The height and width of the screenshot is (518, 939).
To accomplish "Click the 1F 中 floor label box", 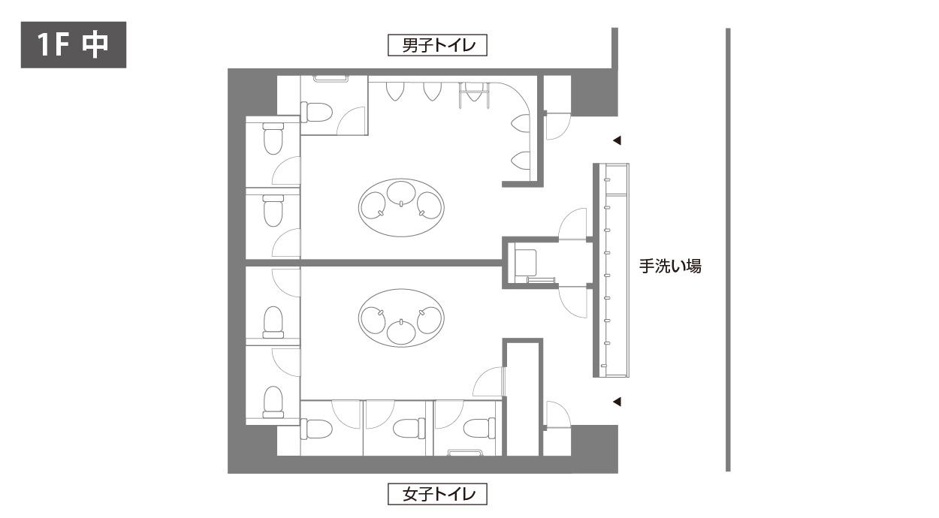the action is (74, 45).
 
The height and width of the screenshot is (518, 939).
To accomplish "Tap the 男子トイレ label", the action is (437, 45).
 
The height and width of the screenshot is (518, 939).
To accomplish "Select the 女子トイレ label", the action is (437, 494).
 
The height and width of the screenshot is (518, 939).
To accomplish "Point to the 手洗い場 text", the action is (670, 266).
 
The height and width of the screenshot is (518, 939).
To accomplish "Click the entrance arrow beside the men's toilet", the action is (617, 140).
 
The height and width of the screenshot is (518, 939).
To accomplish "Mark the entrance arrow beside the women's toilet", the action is (617, 402).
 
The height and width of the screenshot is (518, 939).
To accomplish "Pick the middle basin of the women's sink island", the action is (401, 333).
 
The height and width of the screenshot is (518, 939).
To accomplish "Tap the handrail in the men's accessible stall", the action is (331, 78).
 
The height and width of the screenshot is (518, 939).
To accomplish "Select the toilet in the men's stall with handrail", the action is (316, 113).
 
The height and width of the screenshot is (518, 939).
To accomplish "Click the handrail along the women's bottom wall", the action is (465, 453).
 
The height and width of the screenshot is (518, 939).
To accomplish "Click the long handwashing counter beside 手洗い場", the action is (611, 270).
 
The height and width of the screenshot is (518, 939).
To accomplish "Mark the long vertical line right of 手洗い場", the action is (728, 249).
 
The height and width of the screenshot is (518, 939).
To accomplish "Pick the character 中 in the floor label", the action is (95, 45).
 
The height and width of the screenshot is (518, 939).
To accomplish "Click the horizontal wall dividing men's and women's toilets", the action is (374, 263).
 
